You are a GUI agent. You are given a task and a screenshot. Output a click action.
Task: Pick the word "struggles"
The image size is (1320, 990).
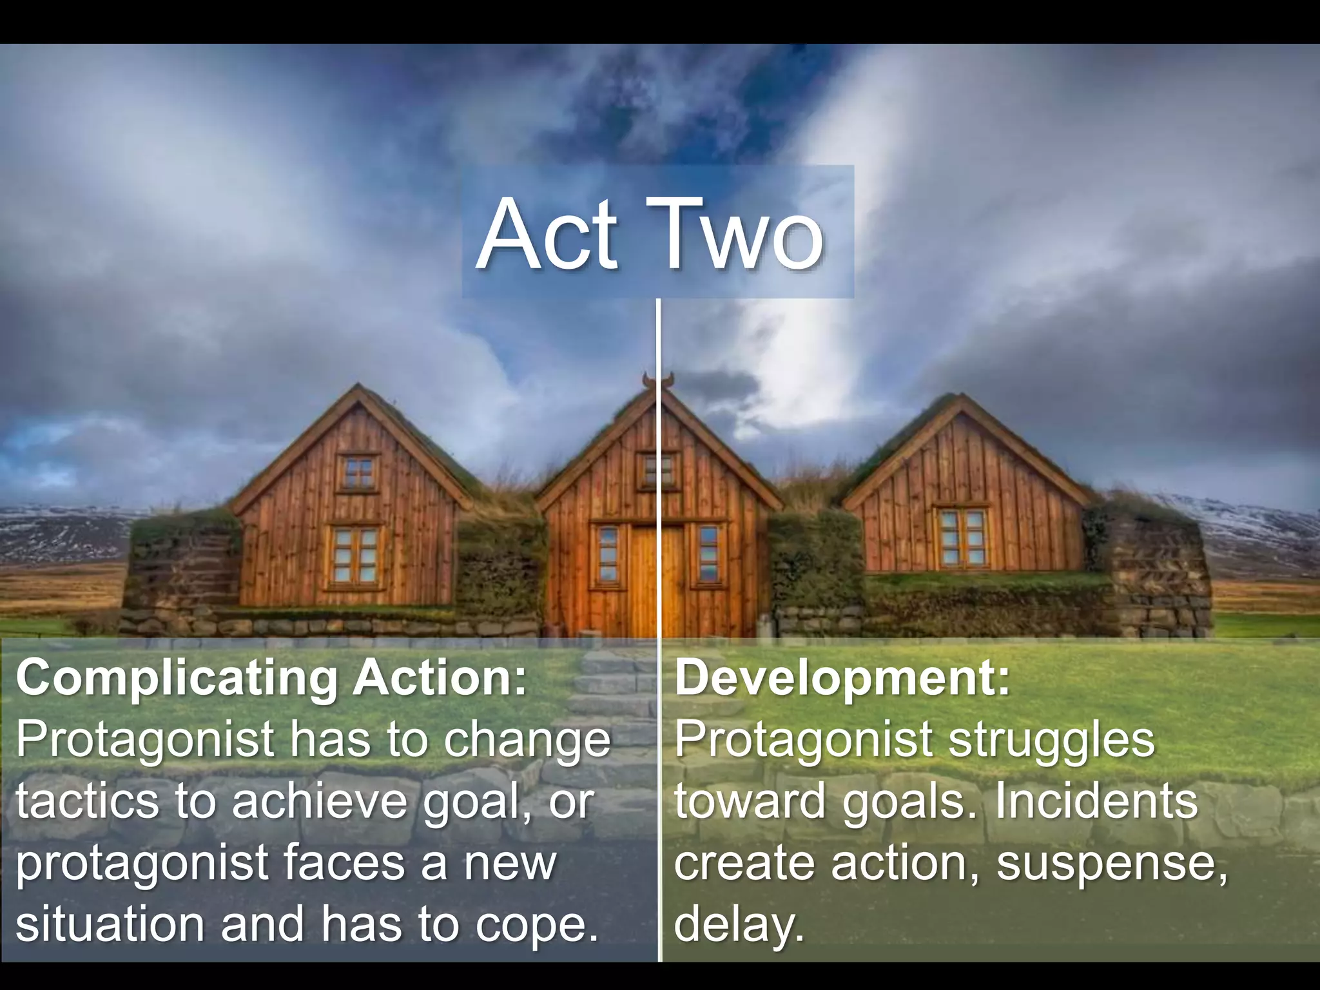pos(1052,740)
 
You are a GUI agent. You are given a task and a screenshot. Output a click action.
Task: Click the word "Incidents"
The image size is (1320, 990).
pos(1096,801)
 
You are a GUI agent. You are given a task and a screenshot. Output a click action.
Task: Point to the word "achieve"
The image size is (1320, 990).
pos(320,801)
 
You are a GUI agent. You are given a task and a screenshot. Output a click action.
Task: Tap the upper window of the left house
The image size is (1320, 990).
pos(358,473)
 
